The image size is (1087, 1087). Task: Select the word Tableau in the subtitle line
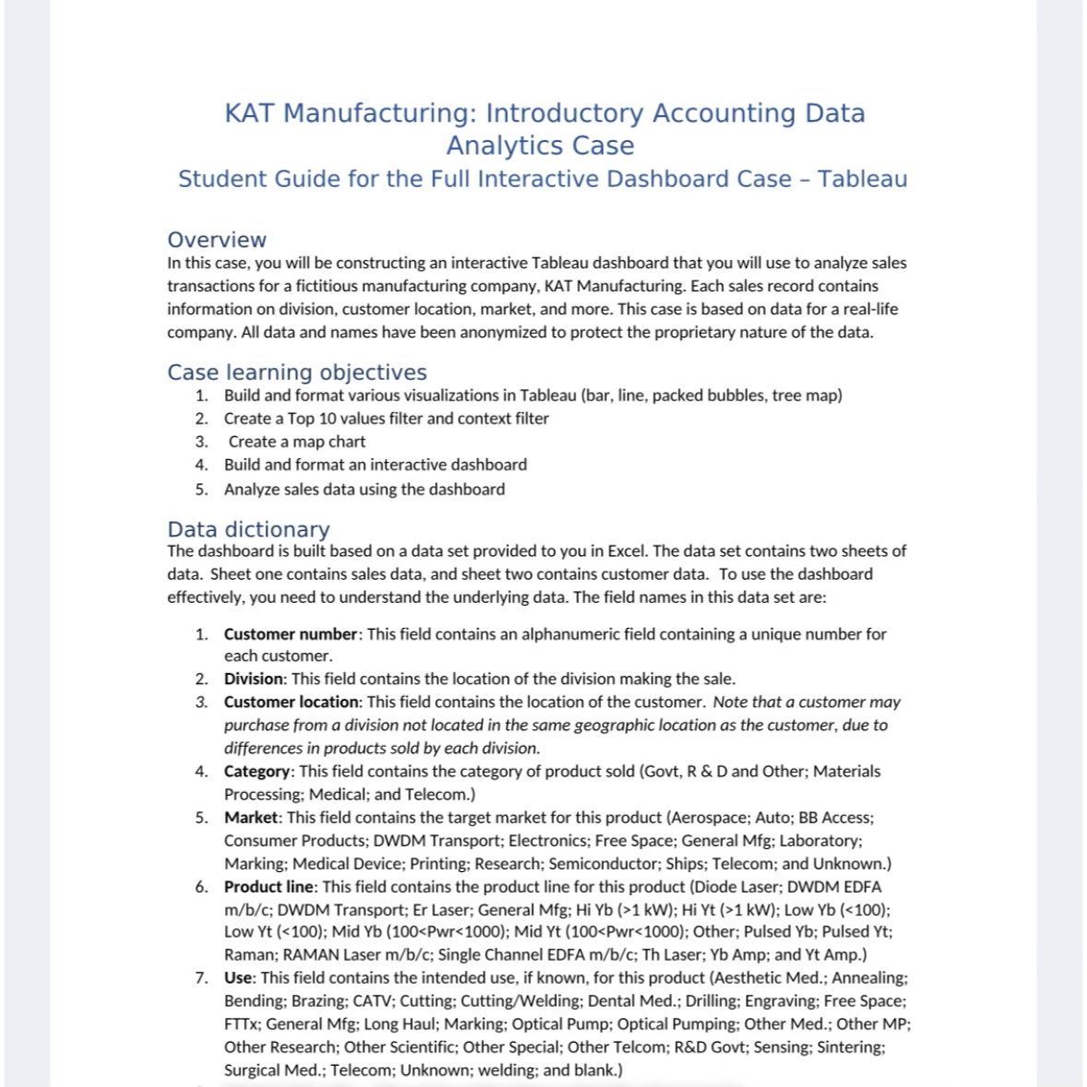click(x=862, y=179)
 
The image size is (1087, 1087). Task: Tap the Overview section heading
click(x=217, y=240)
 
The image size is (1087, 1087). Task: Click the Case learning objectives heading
click(x=297, y=372)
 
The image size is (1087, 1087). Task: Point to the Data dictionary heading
click(x=248, y=529)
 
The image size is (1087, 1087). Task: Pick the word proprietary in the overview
click(x=696, y=332)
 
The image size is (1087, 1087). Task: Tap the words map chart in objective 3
click(x=329, y=442)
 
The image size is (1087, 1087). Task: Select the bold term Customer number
click(x=290, y=634)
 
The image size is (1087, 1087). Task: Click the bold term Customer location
click(x=291, y=702)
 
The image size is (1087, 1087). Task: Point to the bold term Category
click(x=257, y=771)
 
